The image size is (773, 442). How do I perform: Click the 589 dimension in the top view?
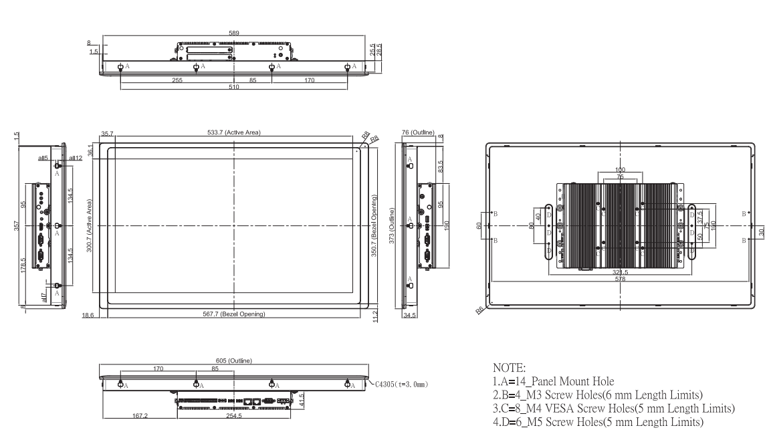click(x=234, y=32)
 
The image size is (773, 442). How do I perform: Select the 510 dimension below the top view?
click(x=233, y=86)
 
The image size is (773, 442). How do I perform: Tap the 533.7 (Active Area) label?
click(x=234, y=132)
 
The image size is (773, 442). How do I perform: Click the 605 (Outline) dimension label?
click(x=233, y=360)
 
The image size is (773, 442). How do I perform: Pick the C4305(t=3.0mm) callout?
click(x=400, y=384)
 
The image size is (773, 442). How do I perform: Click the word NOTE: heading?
click(x=509, y=368)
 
